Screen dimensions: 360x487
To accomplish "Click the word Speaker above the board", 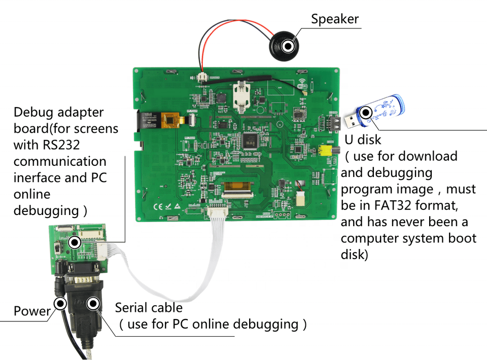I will [335, 19].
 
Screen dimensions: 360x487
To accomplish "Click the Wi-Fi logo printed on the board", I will [303, 82].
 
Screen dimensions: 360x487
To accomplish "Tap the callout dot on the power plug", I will [60, 304].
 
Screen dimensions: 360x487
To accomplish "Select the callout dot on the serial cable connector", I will [93, 304].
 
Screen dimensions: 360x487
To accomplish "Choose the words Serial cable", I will [148, 307].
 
